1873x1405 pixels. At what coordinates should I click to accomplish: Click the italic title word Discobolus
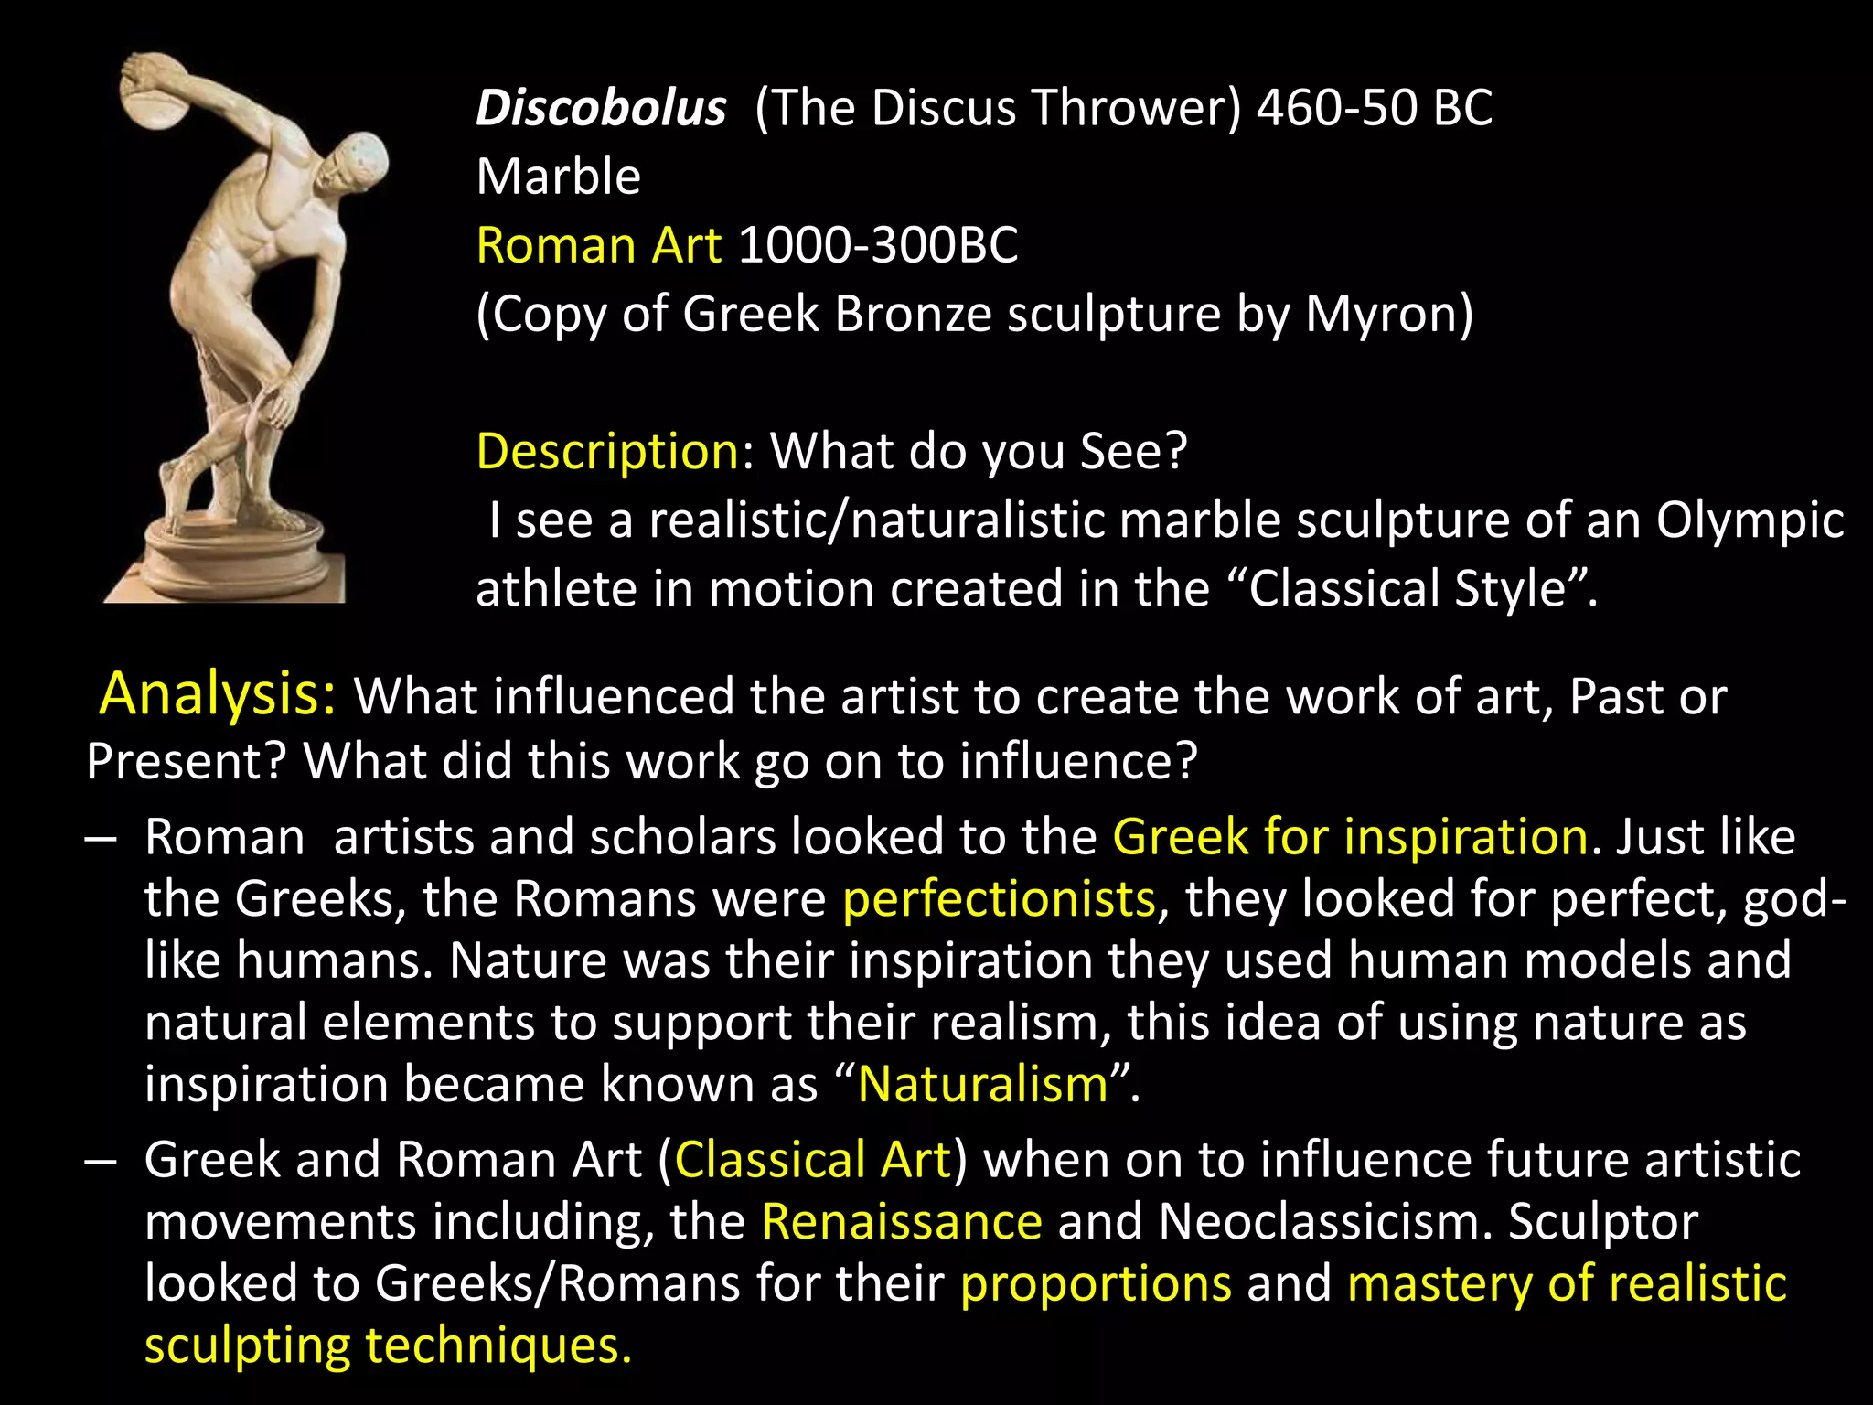(x=601, y=108)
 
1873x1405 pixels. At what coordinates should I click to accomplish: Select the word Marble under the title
(x=558, y=177)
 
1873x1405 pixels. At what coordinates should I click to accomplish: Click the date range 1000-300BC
(x=877, y=245)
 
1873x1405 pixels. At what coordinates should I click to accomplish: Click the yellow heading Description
(x=607, y=451)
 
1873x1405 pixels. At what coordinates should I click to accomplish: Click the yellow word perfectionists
(x=999, y=898)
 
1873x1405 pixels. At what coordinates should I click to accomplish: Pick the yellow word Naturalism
(x=983, y=1084)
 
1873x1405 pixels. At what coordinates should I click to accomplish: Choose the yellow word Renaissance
(x=902, y=1221)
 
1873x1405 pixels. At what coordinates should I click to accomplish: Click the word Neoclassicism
(x=1325, y=1221)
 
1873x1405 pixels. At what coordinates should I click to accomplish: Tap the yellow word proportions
(x=1096, y=1283)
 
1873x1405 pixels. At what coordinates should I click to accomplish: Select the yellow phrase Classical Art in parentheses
(x=813, y=1160)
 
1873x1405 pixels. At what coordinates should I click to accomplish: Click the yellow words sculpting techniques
(x=388, y=1346)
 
